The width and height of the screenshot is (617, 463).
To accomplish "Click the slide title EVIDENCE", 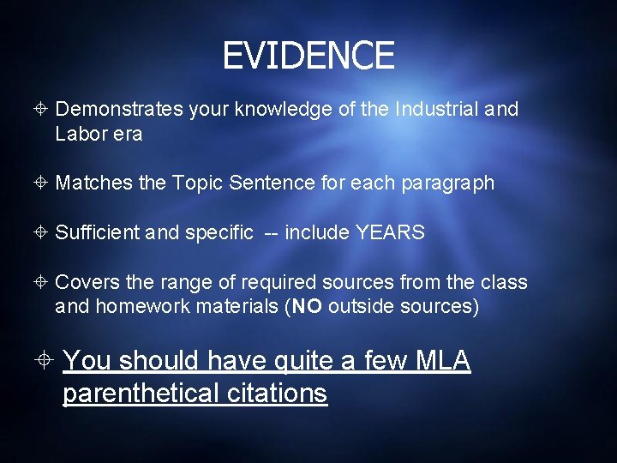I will click(308, 57).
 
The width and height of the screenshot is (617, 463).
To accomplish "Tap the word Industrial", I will click(426, 109).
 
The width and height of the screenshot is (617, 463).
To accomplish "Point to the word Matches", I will click(90, 183).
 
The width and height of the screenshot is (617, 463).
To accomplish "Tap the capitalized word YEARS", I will click(389, 232).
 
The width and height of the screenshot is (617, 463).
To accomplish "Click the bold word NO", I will click(307, 307).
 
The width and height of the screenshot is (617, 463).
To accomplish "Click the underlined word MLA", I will click(442, 361).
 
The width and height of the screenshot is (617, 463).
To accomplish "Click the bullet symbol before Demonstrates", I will click(43, 109).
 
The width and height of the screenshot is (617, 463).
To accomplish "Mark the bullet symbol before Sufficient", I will click(43, 232).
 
